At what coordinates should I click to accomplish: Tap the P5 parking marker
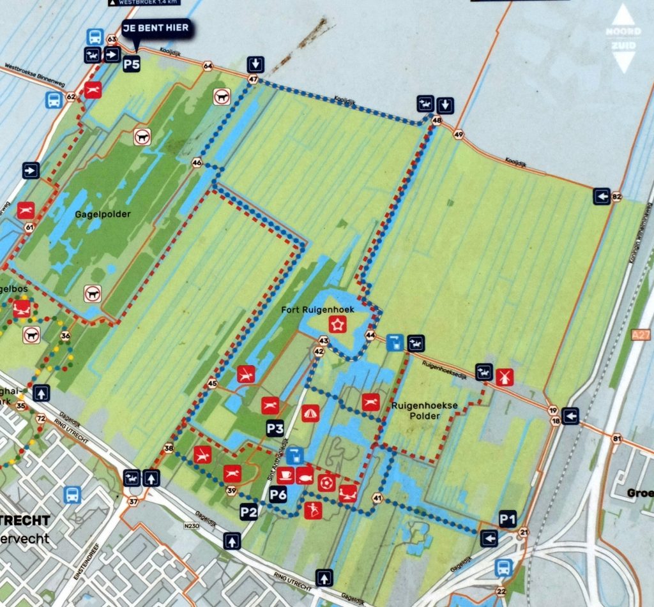pyautogui.click(x=132, y=63)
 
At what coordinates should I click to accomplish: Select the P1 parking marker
pyautogui.click(x=507, y=520)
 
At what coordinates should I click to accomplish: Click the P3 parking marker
pyautogui.click(x=275, y=430)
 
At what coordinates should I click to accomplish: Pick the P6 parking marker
pyautogui.click(x=278, y=493)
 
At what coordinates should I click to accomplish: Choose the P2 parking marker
pyautogui.click(x=248, y=511)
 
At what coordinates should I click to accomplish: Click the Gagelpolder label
pyautogui.click(x=102, y=214)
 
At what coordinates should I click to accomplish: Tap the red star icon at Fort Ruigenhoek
pyautogui.click(x=336, y=324)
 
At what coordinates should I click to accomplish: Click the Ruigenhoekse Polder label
pyautogui.click(x=416, y=410)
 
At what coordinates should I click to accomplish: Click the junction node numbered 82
pyautogui.click(x=616, y=197)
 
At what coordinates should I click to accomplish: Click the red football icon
pyautogui.click(x=326, y=482)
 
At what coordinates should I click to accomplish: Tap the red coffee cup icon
pyautogui.click(x=285, y=476)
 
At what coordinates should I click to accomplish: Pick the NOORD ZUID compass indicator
pyautogui.click(x=624, y=38)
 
